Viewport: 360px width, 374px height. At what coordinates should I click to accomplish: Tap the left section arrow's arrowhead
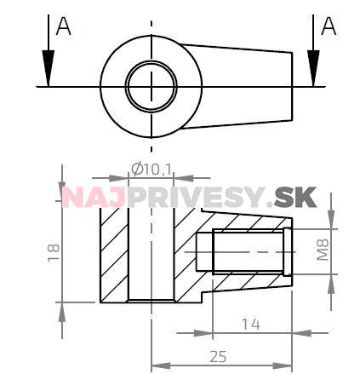(48, 72)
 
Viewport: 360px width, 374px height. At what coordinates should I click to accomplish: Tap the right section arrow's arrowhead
(314, 72)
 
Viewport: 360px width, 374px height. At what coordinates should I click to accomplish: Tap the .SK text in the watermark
(294, 198)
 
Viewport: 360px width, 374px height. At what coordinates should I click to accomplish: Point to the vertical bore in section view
(151, 256)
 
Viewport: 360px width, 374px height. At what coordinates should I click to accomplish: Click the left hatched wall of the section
(113, 256)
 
